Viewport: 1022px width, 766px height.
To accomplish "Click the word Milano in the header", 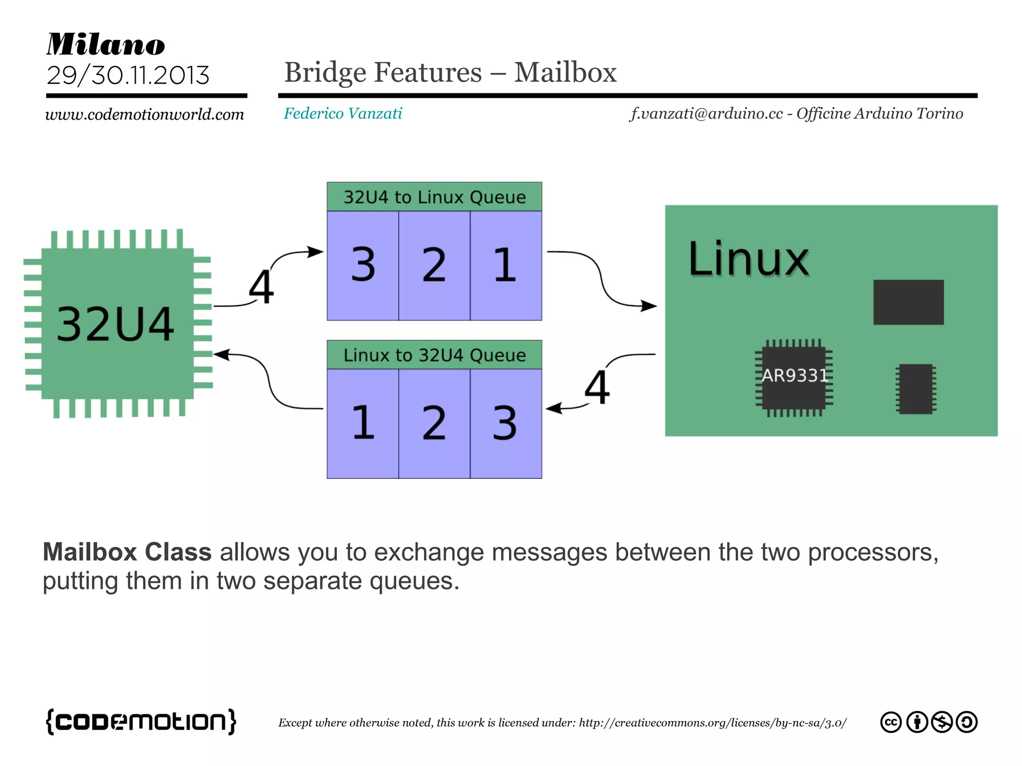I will click(106, 44).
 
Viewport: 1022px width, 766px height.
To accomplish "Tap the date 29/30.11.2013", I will click(128, 75).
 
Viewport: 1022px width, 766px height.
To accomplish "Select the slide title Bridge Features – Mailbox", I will click(450, 72).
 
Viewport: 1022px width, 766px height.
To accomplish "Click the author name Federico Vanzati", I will click(343, 114).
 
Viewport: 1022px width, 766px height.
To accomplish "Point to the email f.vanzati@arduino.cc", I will click(707, 114).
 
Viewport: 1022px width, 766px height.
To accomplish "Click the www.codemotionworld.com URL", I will click(145, 114).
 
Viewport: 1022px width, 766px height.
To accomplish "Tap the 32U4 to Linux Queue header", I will click(434, 197).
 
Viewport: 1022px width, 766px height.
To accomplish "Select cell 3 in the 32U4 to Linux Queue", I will click(363, 265).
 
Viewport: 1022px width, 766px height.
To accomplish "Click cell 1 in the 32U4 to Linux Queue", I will click(505, 265).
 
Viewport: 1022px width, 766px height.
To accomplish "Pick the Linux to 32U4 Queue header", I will click(434, 355).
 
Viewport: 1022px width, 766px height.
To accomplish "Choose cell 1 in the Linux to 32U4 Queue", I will click(363, 423).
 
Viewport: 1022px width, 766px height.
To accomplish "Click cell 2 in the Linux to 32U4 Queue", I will click(434, 423).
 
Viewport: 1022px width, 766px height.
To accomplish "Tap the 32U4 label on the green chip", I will click(115, 324).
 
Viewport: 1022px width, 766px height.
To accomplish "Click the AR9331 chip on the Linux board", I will click(794, 376).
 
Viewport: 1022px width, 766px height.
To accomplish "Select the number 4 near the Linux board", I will click(597, 387).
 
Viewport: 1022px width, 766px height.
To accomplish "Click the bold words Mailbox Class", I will click(127, 552).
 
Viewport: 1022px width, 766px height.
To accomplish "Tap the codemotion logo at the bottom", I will click(141, 721).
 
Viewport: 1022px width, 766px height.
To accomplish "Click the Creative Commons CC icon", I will click(891, 722).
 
